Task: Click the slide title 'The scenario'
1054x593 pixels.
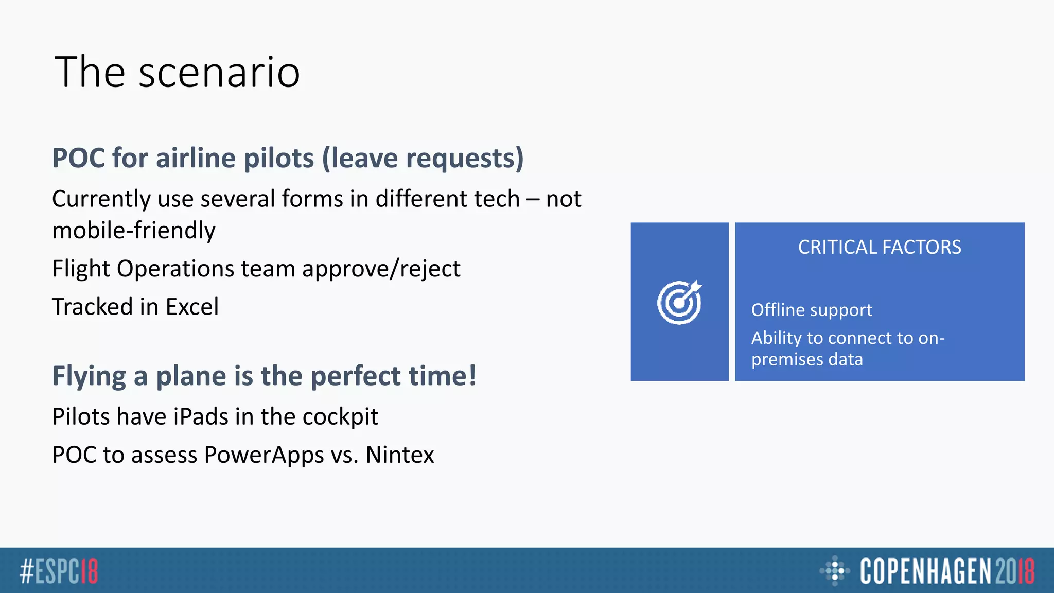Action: pyautogui.click(x=177, y=72)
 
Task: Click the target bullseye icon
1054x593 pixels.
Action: pyautogui.click(x=679, y=302)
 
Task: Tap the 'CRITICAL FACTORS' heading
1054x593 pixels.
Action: pyautogui.click(x=879, y=248)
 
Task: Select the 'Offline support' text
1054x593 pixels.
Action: pyautogui.click(x=811, y=310)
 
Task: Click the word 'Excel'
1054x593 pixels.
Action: pyautogui.click(x=192, y=307)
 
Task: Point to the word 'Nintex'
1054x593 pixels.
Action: pyautogui.click(x=399, y=455)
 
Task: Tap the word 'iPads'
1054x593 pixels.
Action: pyautogui.click(x=198, y=416)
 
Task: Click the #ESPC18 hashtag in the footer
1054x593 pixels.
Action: pyautogui.click(x=59, y=571)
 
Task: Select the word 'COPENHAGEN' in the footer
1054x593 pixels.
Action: pyautogui.click(x=925, y=571)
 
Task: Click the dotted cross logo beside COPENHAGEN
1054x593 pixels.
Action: pyautogui.click(x=834, y=570)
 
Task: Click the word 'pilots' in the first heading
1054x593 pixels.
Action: pyautogui.click(x=278, y=158)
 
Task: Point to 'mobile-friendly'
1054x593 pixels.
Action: pyautogui.click(x=134, y=230)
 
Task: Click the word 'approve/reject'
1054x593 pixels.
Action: pyautogui.click(x=381, y=269)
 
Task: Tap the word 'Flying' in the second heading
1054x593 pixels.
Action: pyautogui.click(x=89, y=376)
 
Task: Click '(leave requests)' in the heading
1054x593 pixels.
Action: pyautogui.click(x=423, y=158)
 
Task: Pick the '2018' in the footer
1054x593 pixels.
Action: pyautogui.click(x=1014, y=571)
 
